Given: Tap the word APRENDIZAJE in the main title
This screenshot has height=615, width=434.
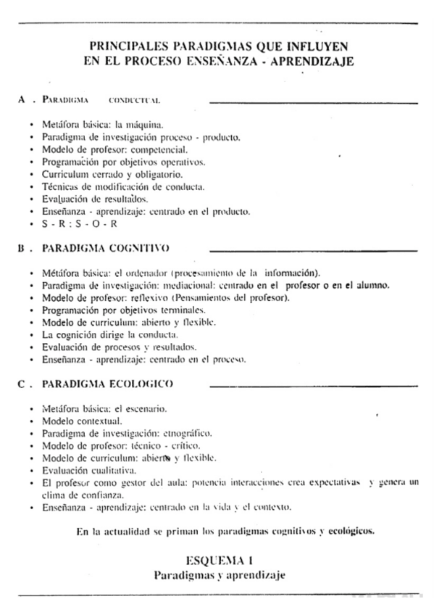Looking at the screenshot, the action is tap(312, 62).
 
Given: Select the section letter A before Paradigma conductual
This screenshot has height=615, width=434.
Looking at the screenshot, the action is tap(22, 99).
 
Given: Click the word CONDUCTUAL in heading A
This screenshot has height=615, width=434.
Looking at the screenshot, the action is tap(134, 100).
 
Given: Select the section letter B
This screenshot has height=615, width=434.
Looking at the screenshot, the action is tap(22, 248).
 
